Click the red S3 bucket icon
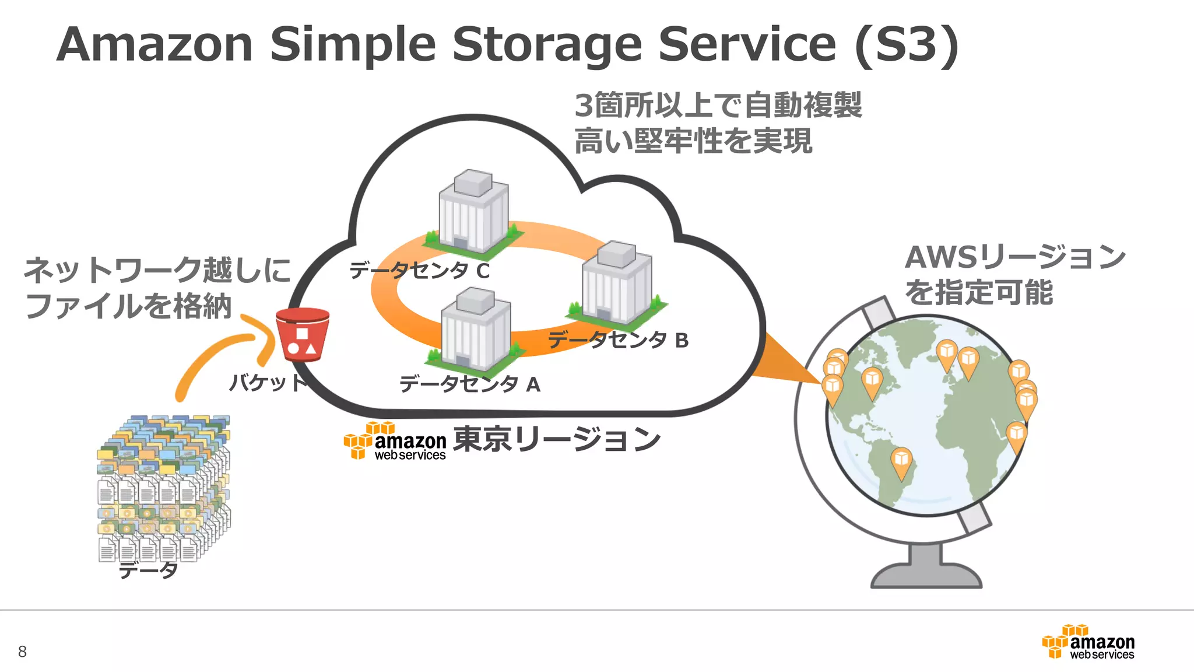pos(302,335)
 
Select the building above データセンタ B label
pos(617,283)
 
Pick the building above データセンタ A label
pos(476,330)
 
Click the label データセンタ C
pos(419,271)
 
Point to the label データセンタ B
pos(618,339)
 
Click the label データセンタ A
pos(469,384)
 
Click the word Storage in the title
pos(547,44)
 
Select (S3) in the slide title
pos(906,44)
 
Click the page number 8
pos(22,652)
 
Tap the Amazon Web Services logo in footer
pos(1088,642)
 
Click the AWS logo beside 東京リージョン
pos(395,442)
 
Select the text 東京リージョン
pos(557,439)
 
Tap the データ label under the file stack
pos(148,570)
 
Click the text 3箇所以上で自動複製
pos(718,106)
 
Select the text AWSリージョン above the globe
pos(1015,257)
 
